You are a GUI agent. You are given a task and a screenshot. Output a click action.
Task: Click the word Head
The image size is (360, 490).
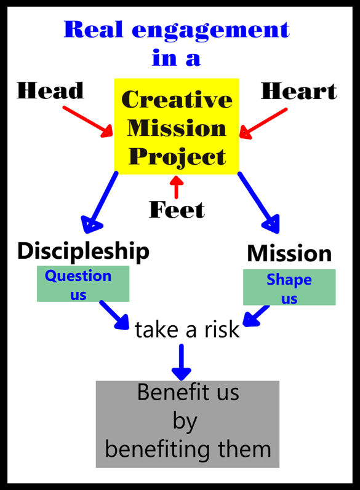[50, 90]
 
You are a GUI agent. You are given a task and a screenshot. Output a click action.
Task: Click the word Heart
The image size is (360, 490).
[299, 91]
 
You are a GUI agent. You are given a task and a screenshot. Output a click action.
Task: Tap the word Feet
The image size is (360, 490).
[177, 210]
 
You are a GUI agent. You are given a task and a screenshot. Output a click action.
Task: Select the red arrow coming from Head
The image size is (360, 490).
[87, 122]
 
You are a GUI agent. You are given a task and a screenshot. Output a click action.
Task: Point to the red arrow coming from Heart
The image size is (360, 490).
[263, 124]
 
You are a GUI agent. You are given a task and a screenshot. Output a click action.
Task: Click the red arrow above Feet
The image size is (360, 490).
[177, 187]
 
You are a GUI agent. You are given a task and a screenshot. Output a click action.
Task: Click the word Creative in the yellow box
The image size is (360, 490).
[177, 100]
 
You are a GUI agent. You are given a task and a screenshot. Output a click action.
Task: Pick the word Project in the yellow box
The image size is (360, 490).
[177, 156]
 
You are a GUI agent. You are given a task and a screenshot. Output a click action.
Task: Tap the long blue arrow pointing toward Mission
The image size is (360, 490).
[258, 202]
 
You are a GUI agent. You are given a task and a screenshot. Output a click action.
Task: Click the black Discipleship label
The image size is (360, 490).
[83, 251]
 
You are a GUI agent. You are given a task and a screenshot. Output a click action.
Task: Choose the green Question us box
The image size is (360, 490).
[83, 284]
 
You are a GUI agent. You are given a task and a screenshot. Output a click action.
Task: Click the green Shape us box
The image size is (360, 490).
[289, 287]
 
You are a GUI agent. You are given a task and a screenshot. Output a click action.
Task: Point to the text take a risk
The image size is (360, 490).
[187, 330]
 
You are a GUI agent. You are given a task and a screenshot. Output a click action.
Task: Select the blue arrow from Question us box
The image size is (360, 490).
[114, 315]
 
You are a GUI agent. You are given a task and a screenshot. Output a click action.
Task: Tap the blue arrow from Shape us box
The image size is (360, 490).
[256, 316]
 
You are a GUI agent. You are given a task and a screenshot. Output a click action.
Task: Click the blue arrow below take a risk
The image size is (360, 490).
[182, 362]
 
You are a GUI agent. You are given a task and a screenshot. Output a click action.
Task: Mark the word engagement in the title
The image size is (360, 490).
[211, 31]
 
